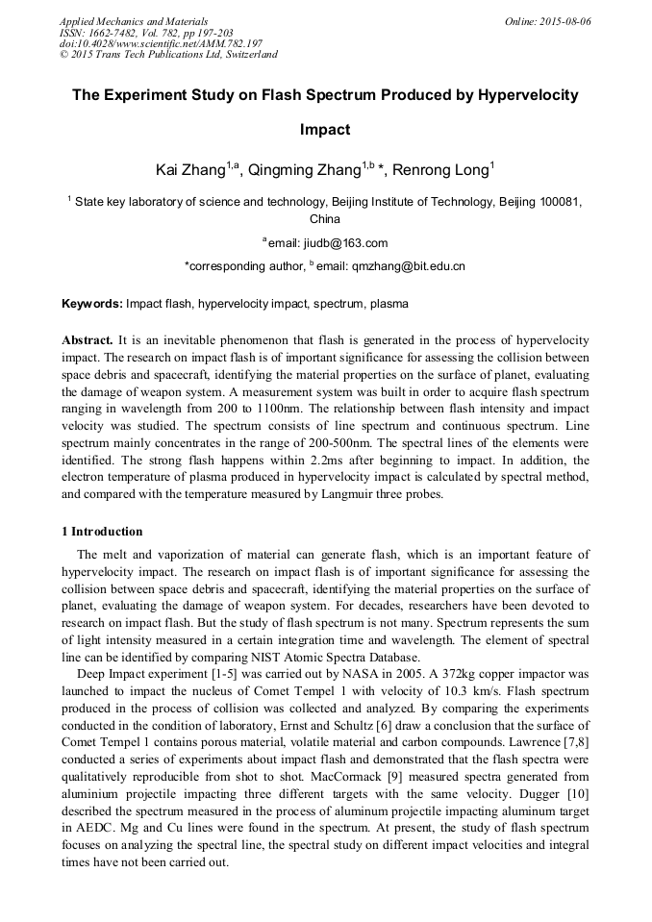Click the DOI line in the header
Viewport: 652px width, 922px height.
[161, 43]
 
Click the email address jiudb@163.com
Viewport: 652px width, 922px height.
[330, 242]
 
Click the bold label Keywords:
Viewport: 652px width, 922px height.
[92, 304]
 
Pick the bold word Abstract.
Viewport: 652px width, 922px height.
[88, 341]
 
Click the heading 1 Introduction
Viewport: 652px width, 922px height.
[102, 532]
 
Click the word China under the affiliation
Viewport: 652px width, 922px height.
[325, 219]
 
